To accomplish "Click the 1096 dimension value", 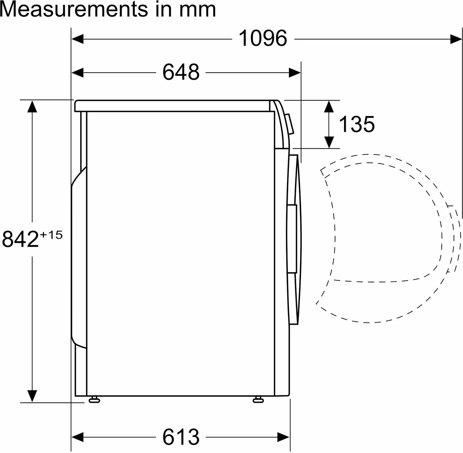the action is click(x=263, y=39).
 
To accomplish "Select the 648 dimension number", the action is click(x=181, y=72).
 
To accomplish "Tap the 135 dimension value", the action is click(x=357, y=124).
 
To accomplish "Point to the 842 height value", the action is click(x=20, y=239).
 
